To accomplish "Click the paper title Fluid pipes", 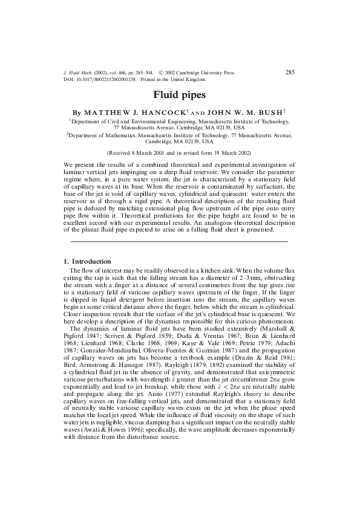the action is point(180,95).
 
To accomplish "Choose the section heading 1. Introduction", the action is point(87,261).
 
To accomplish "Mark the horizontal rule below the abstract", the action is point(180,241).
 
